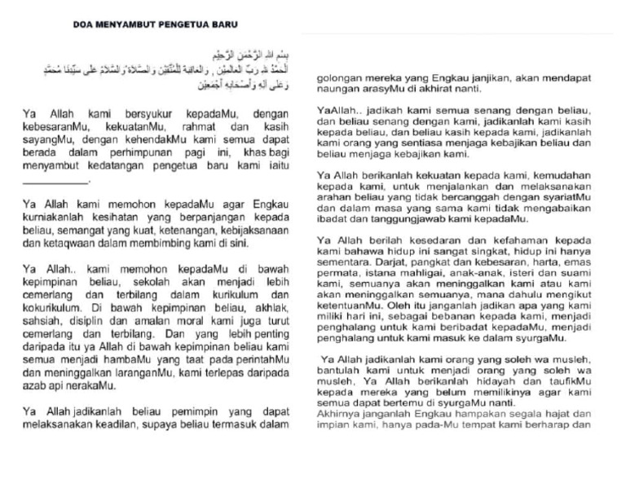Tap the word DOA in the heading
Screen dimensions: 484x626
coord(73,25)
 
